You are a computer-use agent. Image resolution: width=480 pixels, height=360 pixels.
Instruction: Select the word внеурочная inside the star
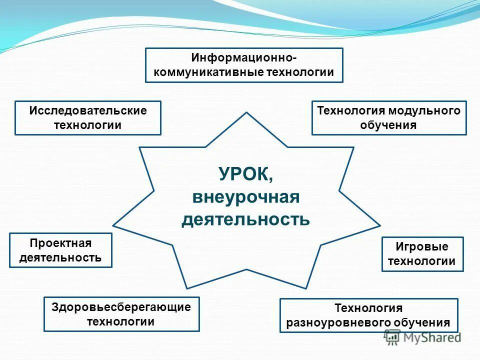point(245,197)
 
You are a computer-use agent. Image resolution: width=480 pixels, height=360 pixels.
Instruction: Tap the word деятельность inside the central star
point(245,219)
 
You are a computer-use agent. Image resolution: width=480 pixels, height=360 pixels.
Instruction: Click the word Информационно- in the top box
point(244,58)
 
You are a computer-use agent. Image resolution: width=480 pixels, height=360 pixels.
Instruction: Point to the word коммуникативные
point(208,72)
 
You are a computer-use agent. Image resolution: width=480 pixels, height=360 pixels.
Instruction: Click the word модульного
point(431,111)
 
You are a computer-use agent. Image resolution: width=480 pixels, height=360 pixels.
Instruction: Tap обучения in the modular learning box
point(388,125)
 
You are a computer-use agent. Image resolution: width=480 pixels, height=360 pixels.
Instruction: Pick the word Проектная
point(61,243)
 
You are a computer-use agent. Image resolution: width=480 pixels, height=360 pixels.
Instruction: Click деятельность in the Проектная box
point(61,257)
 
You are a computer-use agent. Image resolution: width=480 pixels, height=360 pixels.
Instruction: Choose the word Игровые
point(422,247)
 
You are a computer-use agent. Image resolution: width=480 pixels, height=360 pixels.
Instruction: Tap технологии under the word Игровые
point(422,261)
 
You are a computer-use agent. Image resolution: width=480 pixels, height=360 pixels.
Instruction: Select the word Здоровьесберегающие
point(121,307)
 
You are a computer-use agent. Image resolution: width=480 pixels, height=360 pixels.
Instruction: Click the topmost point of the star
point(246,113)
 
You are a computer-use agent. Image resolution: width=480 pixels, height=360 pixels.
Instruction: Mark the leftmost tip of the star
point(113,225)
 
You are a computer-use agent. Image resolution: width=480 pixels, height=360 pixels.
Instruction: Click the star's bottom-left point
point(186,288)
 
